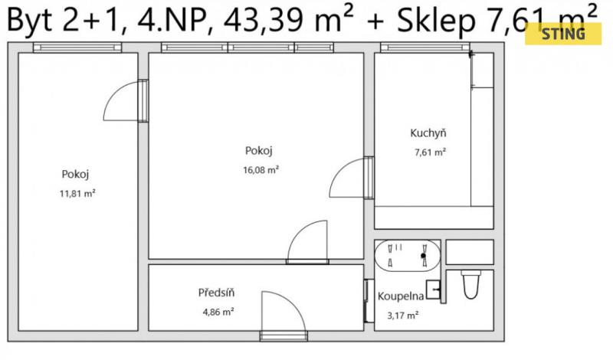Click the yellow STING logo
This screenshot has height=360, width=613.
pyautogui.click(x=563, y=34)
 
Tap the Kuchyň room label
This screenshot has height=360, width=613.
pyautogui.click(x=428, y=133)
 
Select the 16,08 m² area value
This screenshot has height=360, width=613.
pyautogui.click(x=261, y=170)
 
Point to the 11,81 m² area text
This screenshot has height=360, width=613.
pyautogui.click(x=77, y=193)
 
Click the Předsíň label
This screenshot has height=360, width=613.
pyautogui.click(x=216, y=293)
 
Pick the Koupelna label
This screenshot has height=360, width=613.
pyautogui.click(x=401, y=296)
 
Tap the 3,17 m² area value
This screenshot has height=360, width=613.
pyautogui.click(x=403, y=315)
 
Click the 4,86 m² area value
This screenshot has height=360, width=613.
pyautogui.click(x=218, y=312)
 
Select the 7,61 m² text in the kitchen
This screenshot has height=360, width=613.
pyautogui.click(x=430, y=152)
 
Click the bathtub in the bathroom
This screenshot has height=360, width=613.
pyautogui.click(x=408, y=256)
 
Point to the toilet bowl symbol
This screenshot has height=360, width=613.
pyautogui.click(x=470, y=284)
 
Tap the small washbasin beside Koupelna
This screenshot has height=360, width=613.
pyautogui.click(x=433, y=290)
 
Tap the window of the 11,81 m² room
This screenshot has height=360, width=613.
pyautogui.click(x=77, y=47)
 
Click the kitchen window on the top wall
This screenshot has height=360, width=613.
pyautogui.click(x=425, y=47)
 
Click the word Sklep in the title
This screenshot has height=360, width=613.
pyautogui.click(x=436, y=21)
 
